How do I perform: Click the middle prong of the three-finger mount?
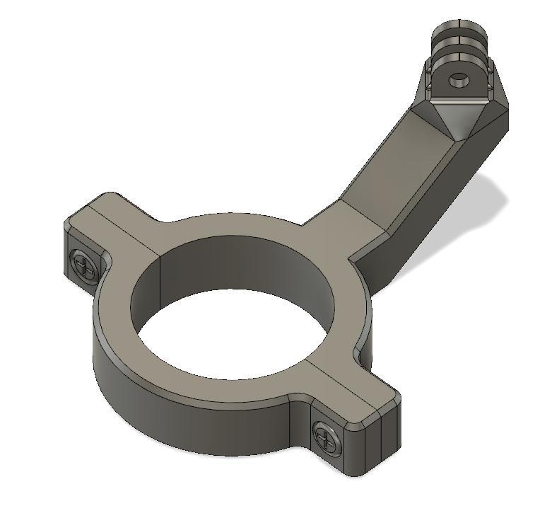pos(460,44)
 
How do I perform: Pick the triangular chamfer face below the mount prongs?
pos(453,117)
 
